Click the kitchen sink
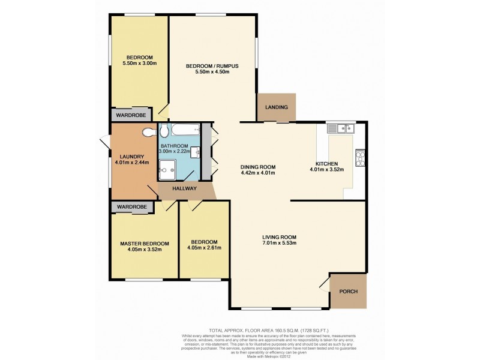[x=341, y=127]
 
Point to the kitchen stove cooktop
[x=362, y=157]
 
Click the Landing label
[x=277, y=107]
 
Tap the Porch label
[x=349, y=292]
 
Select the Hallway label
[x=185, y=188]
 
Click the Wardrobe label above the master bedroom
[x=131, y=207]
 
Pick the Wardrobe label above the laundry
[x=131, y=115]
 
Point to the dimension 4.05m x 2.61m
[x=204, y=248]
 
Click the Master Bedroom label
[x=144, y=243]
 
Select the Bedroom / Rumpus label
[x=208, y=65]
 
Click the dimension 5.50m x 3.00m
[x=139, y=63]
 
